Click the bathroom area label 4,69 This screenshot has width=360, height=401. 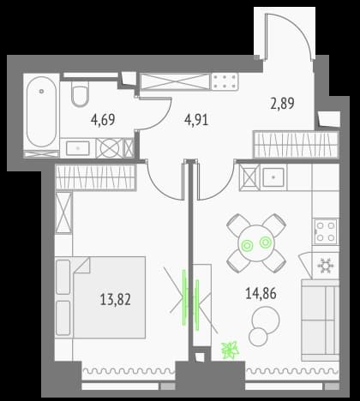[x=103, y=120]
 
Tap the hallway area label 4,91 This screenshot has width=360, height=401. [x=196, y=120]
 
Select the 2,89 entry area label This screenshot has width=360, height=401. [x=282, y=104]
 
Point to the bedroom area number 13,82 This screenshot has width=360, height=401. [x=116, y=300]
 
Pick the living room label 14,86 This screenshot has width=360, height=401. [x=261, y=294]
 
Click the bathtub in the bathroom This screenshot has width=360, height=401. [x=41, y=111]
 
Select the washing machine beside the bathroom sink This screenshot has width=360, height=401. [x=110, y=148]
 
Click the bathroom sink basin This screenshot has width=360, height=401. [x=78, y=148]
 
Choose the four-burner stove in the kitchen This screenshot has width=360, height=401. [x=326, y=231]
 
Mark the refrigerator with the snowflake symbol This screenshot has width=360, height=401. [x=326, y=266]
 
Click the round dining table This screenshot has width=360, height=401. [x=256, y=243]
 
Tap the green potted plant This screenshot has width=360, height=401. [x=230, y=350]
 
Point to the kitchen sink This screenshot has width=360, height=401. [x=273, y=177]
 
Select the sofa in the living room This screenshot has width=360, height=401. [x=321, y=320]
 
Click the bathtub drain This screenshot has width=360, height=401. [x=42, y=92]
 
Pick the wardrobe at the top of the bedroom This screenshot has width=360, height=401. [x=95, y=177]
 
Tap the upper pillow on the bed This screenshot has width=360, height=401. [x=63, y=277]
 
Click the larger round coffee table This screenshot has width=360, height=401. [x=266, y=320]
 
